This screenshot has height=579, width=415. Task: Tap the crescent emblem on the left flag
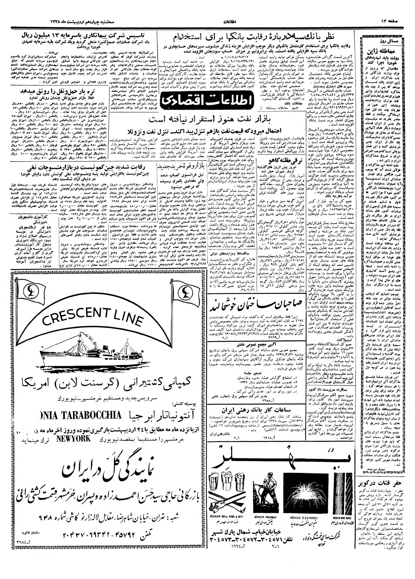click(x=30, y=290)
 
